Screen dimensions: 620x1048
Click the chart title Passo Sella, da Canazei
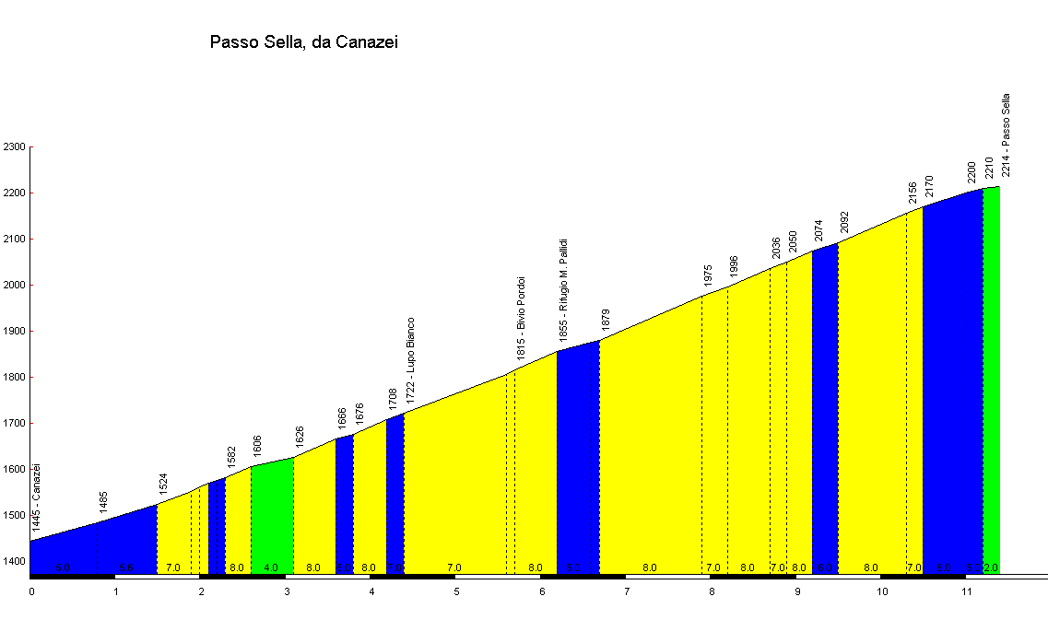coord(304,41)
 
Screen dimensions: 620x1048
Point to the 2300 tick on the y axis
coord(14,146)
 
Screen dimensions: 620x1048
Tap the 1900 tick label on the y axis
coord(14,331)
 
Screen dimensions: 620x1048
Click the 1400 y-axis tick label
coord(14,561)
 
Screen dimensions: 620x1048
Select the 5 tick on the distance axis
coord(456,591)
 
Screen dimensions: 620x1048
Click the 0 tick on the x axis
coord(31,591)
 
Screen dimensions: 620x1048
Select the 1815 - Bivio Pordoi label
coord(521,318)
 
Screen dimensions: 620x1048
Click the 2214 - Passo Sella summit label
coord(1007,135)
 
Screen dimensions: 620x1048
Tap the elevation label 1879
coord(606,319)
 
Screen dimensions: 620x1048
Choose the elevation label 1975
coord(708,275)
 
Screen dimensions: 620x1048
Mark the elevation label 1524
coord(163,485)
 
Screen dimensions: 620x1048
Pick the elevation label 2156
coord(913,193)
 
